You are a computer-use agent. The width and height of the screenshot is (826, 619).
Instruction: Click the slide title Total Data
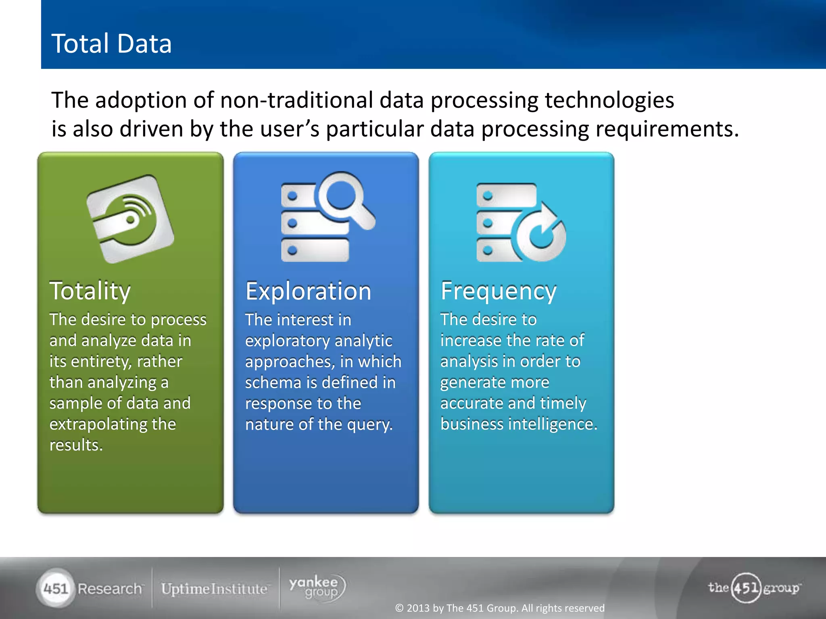click(x=111, y=44)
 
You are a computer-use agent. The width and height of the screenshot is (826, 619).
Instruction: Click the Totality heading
click(x=90, y=291)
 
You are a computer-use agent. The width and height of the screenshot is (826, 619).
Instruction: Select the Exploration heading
click(x=308, y=291)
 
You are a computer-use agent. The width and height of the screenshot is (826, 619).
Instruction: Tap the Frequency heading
click(x=499, y=291)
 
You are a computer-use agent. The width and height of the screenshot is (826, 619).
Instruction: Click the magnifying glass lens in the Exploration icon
click(x=341, y=195)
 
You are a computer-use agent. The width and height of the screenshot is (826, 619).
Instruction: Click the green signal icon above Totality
click(x=130, y=219)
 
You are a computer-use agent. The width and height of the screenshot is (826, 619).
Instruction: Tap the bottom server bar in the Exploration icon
click(x=315, y=250)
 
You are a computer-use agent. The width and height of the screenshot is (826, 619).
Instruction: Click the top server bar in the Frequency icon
click(x=507, y=195)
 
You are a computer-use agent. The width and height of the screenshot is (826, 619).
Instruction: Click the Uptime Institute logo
click(x=214, y=589)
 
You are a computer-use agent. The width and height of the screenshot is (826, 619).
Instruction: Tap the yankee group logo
click(x=317, y=588)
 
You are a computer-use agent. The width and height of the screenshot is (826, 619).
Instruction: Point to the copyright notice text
click(x=500, y=608)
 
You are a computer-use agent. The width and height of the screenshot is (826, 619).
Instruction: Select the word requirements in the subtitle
click(x=667, y=129)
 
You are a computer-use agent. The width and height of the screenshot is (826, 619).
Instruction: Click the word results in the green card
click(x=76, y=445)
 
